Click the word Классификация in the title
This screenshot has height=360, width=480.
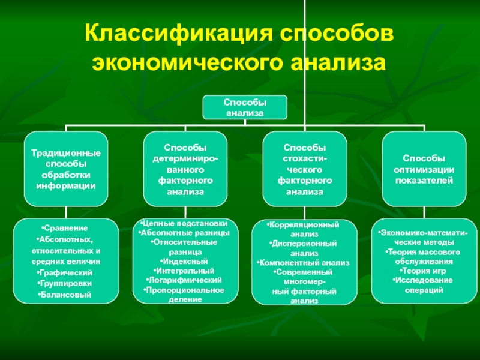click(x=178, y=33)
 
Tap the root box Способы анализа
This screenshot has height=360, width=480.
click(x=245, y=107)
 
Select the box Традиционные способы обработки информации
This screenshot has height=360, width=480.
click(x=66, y=169)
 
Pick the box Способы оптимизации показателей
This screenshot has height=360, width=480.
click(x=424, y=169)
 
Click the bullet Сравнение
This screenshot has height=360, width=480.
click(x=64, y=228)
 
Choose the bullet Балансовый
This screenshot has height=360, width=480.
click(x=65, y=295)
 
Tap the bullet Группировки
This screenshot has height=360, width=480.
click(x=65, y=283)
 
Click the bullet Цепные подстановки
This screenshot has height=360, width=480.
click(x=184, y=223)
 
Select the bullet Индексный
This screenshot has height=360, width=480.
click(x=184, y=262)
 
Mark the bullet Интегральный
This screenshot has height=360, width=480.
click(x=184, y=271)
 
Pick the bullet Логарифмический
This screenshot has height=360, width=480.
click(x=184, y=280)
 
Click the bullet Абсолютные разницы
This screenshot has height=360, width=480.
click(x=184, y=233)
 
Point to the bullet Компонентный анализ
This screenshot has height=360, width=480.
click(x=303, y=263)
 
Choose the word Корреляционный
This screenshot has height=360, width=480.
click(x=304, y=224)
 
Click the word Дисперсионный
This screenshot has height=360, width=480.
click(x=304, y=244)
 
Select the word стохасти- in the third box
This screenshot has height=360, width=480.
click(x=305, y=158)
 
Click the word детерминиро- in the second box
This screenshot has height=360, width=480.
click(x=185, y=158)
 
